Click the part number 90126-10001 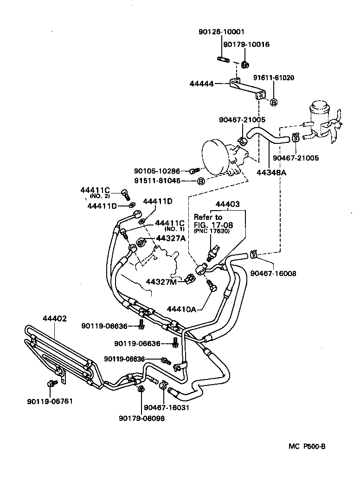click(x=220, y=32)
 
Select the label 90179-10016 click(x=246, y=45)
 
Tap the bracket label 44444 click(x=202, y=84)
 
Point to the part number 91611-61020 click(x=273, y=78)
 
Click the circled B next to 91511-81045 click(x=201, y=181)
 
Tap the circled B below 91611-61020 click(x=274, y=102)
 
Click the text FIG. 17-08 click(x=213, y=225)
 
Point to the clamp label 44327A click(x=171, y=238)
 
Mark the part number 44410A click(x=181, y=309)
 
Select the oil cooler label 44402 click(x=55, y=319)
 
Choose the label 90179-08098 click(x=141, y=418)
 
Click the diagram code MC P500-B click(x=307, y=446)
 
